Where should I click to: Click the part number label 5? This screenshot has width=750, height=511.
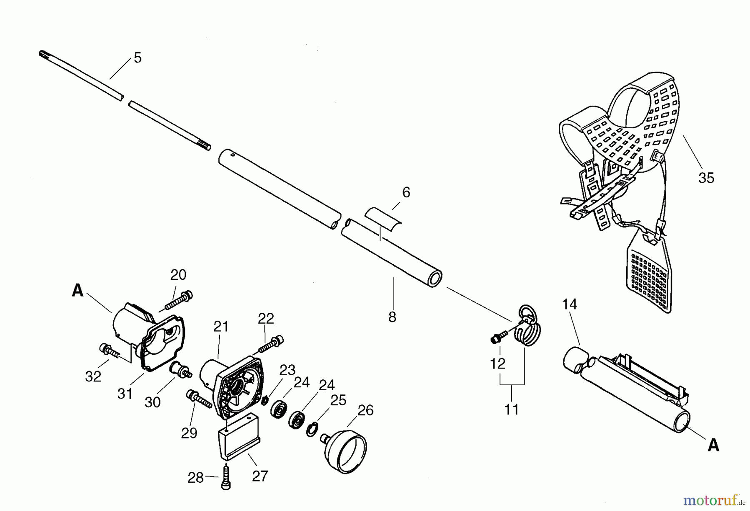(137, 58)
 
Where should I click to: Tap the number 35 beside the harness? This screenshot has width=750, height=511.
(706, 178)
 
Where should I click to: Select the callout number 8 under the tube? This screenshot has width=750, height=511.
(392, 317)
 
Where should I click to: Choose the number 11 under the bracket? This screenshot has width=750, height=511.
(512, 410)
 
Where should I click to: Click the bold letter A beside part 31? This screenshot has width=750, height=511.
(77, 291)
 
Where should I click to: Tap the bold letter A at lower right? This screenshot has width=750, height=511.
(713, 446)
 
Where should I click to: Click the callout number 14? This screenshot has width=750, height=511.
(569, 304)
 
